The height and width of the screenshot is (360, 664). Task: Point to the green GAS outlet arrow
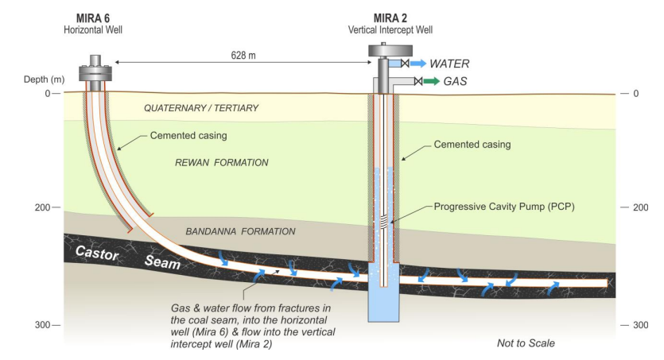tap(433, 81)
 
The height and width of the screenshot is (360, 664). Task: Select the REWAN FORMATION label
tap(221, 162)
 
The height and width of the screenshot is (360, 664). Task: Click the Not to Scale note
tap(525, 343)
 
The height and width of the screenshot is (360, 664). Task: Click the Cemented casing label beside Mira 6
tap(186, 136)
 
